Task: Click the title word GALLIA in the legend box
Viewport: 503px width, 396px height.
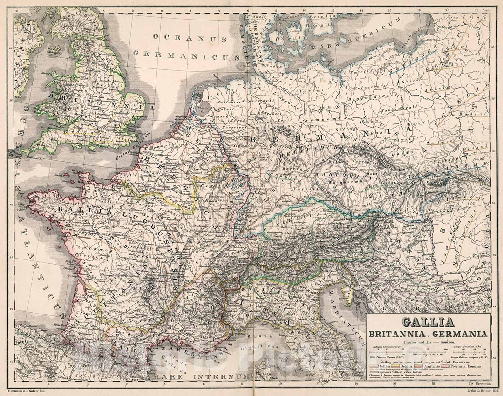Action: (427, 322)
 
